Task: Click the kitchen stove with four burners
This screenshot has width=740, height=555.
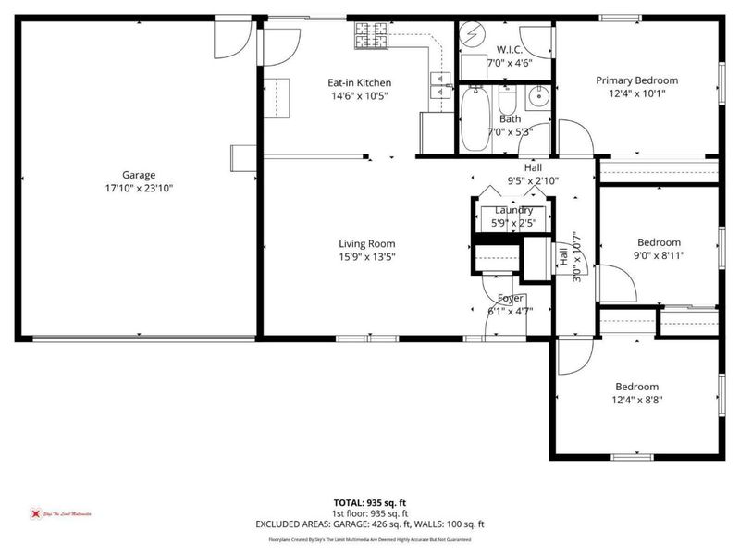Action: (371, 37)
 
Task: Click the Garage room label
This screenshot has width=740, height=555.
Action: (139, 175)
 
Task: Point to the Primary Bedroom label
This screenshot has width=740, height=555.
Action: (636, 80)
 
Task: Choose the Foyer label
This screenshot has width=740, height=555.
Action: (511, 298)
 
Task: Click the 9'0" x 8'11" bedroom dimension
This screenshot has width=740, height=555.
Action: (659, 255)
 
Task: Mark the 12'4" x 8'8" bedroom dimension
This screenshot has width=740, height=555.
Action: (637, 400)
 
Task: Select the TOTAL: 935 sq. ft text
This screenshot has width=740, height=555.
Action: (369, 502)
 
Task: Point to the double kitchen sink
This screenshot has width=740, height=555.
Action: (439, 86)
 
